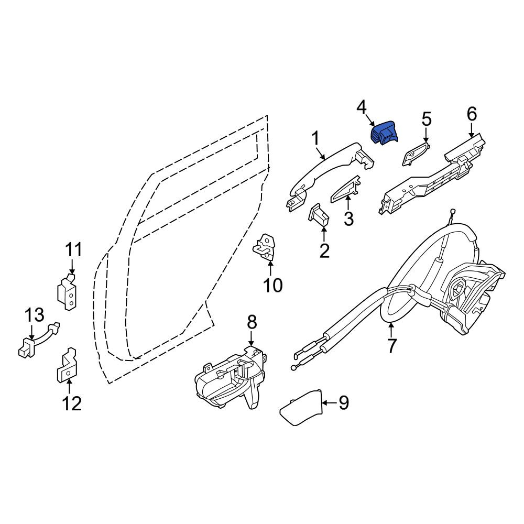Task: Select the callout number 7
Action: (391, 345)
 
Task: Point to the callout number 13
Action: (35, 315)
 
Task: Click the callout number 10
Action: (272, 285)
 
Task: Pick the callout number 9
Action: (344, 402)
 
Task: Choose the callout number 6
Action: (472, 114)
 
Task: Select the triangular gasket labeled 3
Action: (345, 189)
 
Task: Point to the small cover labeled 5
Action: (416, 154)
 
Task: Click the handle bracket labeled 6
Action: (431, 174)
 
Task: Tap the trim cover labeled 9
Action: (300, 408)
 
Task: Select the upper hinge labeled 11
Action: (68, 291)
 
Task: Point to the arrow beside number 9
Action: (329, 403)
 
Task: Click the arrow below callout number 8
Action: (252, 339)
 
